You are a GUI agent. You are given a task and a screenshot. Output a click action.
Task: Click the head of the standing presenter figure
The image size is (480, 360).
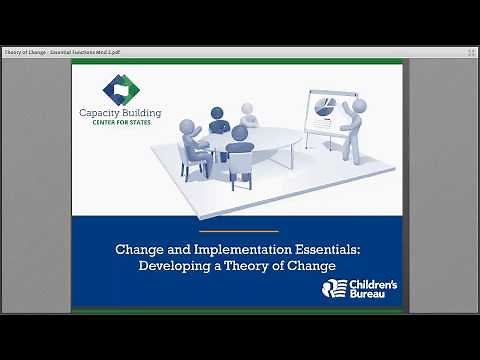[x=357, y=103]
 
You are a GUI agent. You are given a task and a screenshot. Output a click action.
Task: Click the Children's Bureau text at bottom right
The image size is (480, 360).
[x=372, y=290]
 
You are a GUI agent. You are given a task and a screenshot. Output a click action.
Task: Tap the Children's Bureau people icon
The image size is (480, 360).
[x=333, y=290]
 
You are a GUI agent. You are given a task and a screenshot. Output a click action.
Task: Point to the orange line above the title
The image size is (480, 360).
[x=240, y=232]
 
